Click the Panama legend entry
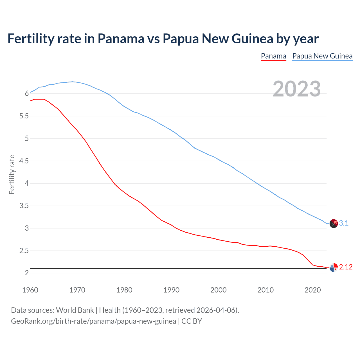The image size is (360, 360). (x=273, y=56)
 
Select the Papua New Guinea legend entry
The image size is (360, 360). (x=322, y=56)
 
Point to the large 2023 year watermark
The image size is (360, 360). (x=296, y=89)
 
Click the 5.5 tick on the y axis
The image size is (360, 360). (x=24, y=116)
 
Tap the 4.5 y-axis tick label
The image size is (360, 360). (x=24, y=161)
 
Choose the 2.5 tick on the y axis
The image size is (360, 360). (x=24, y=251)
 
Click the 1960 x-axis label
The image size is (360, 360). (x=30, y=290)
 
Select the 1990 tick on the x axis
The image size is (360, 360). (x=171, y=290)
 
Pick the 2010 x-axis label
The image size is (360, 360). (x=265, y=290)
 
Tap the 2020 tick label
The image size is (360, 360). (x=312, y=290)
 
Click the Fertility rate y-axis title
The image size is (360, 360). (x=12, y=174)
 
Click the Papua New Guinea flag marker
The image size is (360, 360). (x=333, y=223)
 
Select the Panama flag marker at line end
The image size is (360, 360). (x=333, y=267)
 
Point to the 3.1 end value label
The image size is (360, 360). (x=344, y=223)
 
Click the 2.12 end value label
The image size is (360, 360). (x=346, y=267)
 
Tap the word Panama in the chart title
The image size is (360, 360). (x=121, y=39)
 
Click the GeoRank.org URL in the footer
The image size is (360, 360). (x=93, y=321)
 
